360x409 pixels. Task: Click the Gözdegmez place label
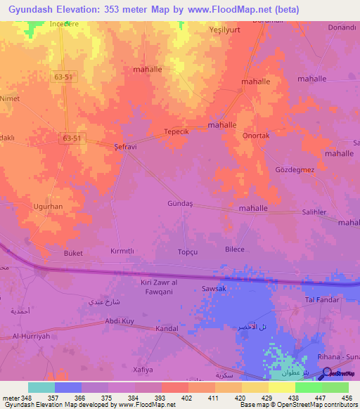pyautogui.click(x=295, y=169)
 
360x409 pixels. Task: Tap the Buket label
pyautogui.click(x=73, y=253)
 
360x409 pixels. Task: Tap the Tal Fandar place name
pyautogui.click(x=321, y=300)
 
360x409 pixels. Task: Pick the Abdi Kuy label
pyautogui.click(x=119, y=321)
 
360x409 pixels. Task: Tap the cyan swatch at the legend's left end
pyautogui.click(x=41, y=387)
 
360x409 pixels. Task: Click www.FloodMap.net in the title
pyautogui.click(x=234, y=9)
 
